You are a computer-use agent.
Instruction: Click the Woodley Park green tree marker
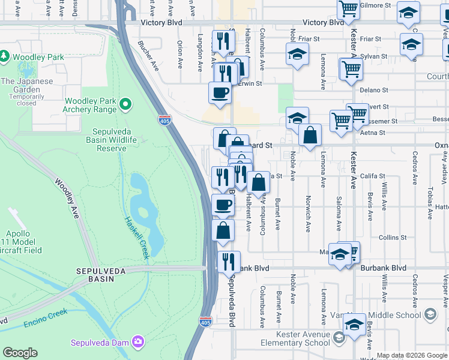[5, 56]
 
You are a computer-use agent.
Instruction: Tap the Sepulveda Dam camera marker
[139, 342]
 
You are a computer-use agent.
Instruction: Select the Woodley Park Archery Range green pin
[125, 104]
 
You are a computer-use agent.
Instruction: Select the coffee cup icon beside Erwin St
[220, 92]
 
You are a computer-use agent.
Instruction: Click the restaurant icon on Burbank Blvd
[229, 262]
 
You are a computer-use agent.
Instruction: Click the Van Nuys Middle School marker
[430, 314]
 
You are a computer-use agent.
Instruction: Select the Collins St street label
[393, 238]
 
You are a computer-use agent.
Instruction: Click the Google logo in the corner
[20, 353]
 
